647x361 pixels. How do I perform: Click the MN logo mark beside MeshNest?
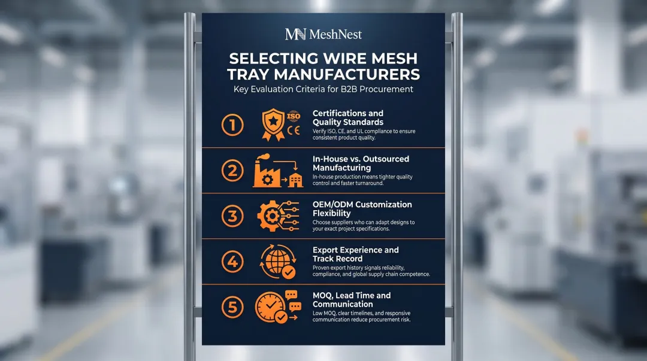295,34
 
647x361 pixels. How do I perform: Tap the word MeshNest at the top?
335,34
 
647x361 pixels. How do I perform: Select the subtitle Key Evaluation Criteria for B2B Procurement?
323,89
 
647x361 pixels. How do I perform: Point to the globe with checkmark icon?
277,262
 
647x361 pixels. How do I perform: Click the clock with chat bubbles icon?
277,307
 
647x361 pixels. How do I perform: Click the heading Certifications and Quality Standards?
348,117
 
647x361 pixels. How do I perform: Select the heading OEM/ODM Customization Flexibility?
362,208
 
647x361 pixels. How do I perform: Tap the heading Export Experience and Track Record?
355,254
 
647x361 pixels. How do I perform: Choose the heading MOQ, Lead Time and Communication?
352,299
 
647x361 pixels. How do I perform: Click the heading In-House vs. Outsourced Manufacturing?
361,163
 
